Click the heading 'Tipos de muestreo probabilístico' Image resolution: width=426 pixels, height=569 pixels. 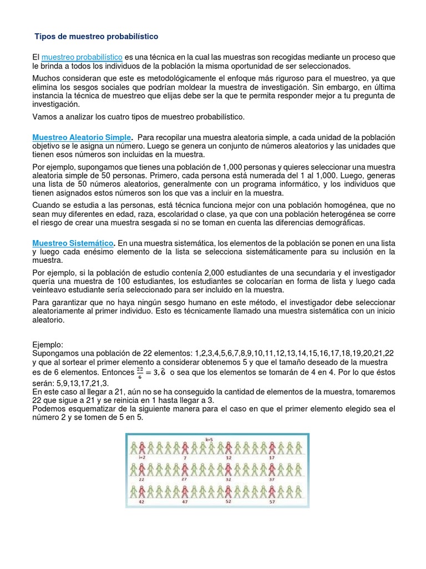coord(97,36)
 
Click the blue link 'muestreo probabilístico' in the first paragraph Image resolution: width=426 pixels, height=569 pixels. coord(82,57)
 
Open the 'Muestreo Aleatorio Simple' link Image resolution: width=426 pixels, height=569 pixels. coord(82,137)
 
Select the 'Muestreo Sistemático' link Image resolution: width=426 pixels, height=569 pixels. coord(73,243)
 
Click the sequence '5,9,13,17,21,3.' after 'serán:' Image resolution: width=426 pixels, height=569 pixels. coord(83,384)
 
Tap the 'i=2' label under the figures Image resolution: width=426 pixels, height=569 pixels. coord(141,457)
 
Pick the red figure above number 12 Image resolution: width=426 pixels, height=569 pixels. coord(229,447)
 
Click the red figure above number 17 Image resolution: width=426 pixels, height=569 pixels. coord(272,447)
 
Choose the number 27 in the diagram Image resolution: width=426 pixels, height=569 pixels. coord(185,478)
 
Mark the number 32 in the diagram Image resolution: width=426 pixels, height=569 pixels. coord(229,478)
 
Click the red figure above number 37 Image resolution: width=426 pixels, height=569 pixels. coord(272,470)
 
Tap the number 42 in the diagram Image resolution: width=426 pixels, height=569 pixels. coord(141,501)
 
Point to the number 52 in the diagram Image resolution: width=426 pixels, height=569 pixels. coord(229,501)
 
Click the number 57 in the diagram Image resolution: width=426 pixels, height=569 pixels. coord(272,501)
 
